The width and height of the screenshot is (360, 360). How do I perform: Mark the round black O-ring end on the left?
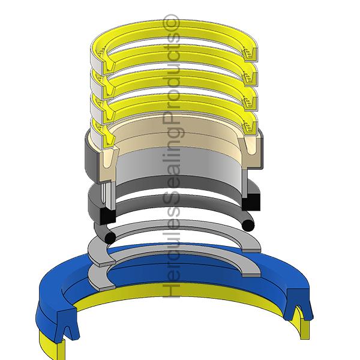pyautogui.click(x=109, y=238)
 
